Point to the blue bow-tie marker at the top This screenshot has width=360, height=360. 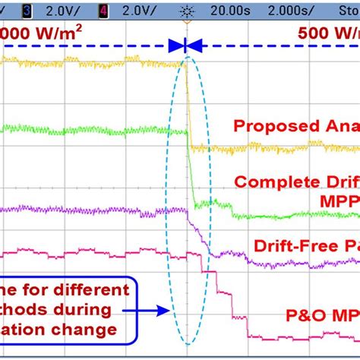click(184, 46)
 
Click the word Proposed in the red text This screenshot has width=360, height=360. click(269, 125)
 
